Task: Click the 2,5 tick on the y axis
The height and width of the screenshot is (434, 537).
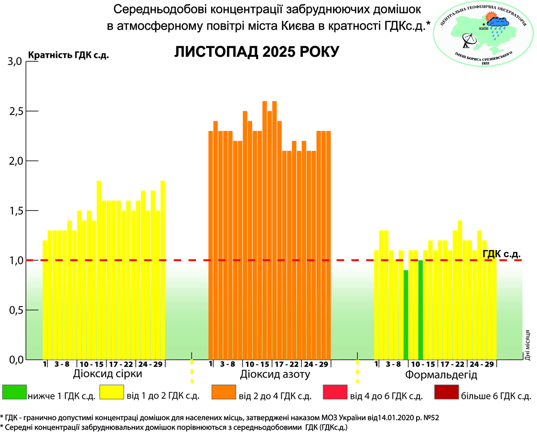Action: coord(16,111)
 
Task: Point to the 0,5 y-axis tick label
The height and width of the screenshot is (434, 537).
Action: coord(16,310)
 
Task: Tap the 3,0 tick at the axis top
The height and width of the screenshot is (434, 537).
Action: coord(16,61)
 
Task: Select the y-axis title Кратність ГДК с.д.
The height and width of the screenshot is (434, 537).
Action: coord(69,55)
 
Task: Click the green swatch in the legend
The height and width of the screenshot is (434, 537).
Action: coord(14,392)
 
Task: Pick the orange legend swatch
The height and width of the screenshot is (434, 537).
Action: coord(224,392)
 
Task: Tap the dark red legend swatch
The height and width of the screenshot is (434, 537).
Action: coord(447,392)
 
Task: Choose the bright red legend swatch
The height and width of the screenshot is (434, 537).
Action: coord(335,392)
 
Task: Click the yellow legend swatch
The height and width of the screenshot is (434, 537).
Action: coord(111,392)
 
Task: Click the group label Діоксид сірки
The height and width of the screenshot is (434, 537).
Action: coord(107,374)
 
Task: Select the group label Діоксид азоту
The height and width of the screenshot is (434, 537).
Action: coord(276,374)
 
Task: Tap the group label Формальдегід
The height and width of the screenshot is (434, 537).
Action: coord(441,374)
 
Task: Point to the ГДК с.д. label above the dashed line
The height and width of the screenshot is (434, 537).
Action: coord(501,253)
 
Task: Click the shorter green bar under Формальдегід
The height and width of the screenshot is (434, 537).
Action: coord(406,315)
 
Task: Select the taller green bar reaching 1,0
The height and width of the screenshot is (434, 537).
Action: coord(420,309)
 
